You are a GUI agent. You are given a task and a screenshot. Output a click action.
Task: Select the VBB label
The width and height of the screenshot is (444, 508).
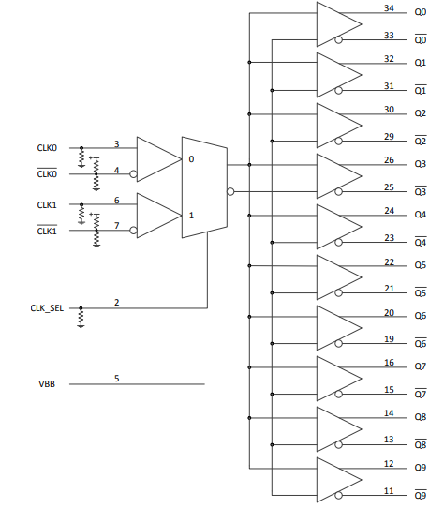tap(46, 384)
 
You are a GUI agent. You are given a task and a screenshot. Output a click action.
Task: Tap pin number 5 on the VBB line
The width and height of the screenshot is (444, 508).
tap(117, 378)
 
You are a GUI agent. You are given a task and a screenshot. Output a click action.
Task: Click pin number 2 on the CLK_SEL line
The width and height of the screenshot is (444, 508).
tap(117, 302)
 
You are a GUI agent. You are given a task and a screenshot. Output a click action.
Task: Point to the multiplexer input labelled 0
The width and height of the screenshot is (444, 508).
tap(191, 159)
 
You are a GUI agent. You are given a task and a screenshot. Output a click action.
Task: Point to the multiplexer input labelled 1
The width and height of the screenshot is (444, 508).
tap(191, 215)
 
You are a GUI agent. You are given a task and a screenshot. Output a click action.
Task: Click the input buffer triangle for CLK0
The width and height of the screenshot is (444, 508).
tap(156, 159)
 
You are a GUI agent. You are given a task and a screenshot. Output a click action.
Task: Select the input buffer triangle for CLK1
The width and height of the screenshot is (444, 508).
tap(156, 216)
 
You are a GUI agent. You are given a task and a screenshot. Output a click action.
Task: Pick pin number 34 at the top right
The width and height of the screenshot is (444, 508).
tap(389, 7)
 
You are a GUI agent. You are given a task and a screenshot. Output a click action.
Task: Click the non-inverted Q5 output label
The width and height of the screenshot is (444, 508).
tap(421, 265)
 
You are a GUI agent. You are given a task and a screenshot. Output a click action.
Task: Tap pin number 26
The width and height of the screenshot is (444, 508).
tap(389, 159)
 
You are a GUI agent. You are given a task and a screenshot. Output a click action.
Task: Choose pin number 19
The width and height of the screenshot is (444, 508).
tap(389, 338)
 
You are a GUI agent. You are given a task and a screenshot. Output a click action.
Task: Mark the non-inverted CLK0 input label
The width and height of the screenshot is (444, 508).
tap(47, 148)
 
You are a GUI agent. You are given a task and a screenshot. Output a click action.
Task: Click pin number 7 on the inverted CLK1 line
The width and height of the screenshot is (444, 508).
tap(116, 226)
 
